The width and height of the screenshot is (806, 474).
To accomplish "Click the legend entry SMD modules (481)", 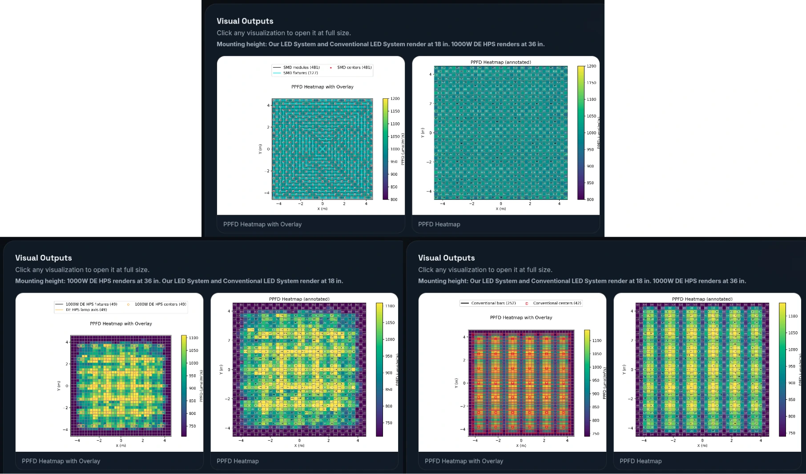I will pos(301,68).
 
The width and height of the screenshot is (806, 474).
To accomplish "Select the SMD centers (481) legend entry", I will pos(354,68).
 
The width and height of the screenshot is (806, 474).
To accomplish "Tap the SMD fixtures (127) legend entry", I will pos(300,73).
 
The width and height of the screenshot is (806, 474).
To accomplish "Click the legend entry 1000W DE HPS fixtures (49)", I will pos(91,305).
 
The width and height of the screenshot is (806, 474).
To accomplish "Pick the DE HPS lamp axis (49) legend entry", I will pos(86,310).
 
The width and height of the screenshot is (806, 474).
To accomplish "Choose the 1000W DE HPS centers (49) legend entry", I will pos(160,305).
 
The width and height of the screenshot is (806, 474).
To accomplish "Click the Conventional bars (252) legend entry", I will pos(493,303).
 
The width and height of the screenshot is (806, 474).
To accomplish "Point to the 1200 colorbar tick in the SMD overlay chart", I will pos(395,99).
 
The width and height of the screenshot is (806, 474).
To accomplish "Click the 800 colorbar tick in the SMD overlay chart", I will pos(394,200).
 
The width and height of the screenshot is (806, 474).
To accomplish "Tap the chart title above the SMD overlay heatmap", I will pos(322,87).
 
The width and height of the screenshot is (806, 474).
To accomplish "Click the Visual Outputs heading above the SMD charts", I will pos(245,21).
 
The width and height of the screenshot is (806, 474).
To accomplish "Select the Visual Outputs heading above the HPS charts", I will pos(43,258).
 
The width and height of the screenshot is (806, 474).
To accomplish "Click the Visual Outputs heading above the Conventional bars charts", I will pos(446,258).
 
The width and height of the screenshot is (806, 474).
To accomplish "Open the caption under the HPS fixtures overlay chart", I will pos(61,461).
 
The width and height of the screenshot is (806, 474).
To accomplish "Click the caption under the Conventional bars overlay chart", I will pos(463,461).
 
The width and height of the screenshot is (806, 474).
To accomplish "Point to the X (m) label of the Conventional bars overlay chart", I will pos(521,446).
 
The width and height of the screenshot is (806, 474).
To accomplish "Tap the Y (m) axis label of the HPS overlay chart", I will pos(59,386).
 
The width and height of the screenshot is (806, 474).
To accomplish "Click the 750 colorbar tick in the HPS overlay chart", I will pos(192,426).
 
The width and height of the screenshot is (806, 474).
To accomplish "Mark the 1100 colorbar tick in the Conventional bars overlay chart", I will pos(596,341).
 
